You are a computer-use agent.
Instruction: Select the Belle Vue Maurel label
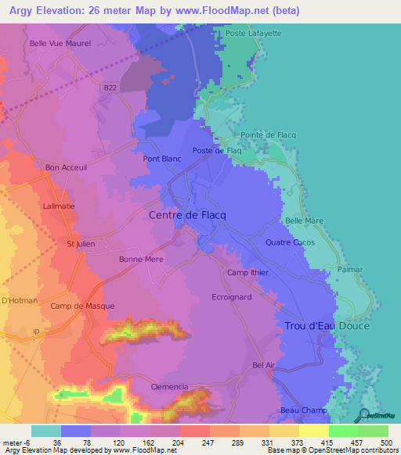click(x=60, y=44)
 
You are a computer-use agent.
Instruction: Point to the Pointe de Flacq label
click(x=268, y=135)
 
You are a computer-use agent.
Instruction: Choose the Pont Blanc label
click(x=162, y=159)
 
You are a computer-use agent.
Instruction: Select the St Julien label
click(x=81, y=244)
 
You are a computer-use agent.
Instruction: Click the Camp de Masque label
click(x=82, y=306)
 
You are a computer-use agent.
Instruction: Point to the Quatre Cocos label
click(x=288, y=242)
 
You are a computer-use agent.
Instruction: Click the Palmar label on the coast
click(x=350, y=270)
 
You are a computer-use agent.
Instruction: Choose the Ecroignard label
click(x=233, y=297)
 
